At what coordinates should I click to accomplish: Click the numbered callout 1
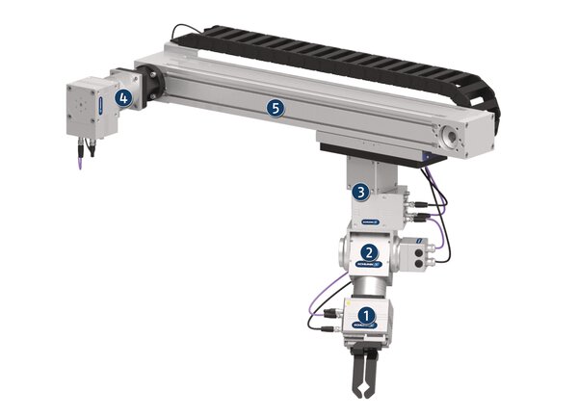pos(365,315)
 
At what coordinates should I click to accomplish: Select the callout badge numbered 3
pos(358,192)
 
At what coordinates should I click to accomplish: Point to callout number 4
pos(123,97)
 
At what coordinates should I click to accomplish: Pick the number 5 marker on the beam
pos(276,109)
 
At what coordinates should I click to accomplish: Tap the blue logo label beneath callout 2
pos(369,264)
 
